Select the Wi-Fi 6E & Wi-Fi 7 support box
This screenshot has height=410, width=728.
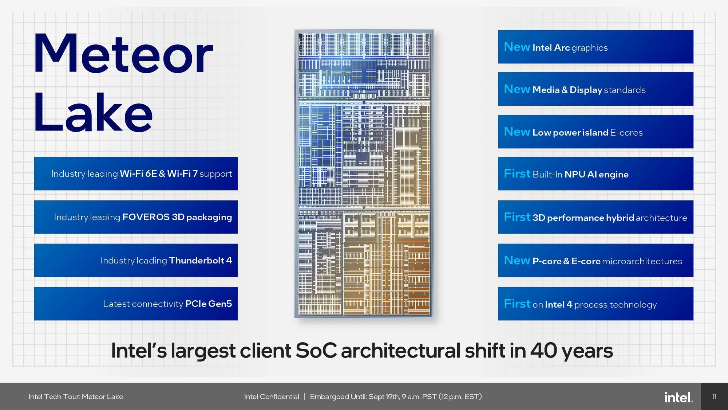tap(136, 173)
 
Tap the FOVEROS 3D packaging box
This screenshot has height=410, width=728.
tap(136, 217)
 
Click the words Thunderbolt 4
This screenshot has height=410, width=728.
tap(200, 260)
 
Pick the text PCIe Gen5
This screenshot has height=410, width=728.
tap(208, 304)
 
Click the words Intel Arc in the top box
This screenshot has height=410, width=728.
tap(551, 47)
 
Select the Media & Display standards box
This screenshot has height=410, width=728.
tap(596, 89)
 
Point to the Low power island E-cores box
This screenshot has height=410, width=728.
tap(596, 132)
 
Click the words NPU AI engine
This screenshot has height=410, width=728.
tap(596, 174)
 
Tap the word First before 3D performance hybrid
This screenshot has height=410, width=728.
tap(517, 217)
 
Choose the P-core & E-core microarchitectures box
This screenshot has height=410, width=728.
tap(596, 261)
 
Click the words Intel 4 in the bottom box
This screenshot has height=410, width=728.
tap(558, 304)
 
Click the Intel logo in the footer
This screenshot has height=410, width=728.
tap(678, 397)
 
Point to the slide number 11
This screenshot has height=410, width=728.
tap(714, 397)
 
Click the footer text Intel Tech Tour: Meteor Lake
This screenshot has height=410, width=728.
tap(76, 397)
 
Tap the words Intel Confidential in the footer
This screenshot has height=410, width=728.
tap(272, 397)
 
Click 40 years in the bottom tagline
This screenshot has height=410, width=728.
tap(571, 351)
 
